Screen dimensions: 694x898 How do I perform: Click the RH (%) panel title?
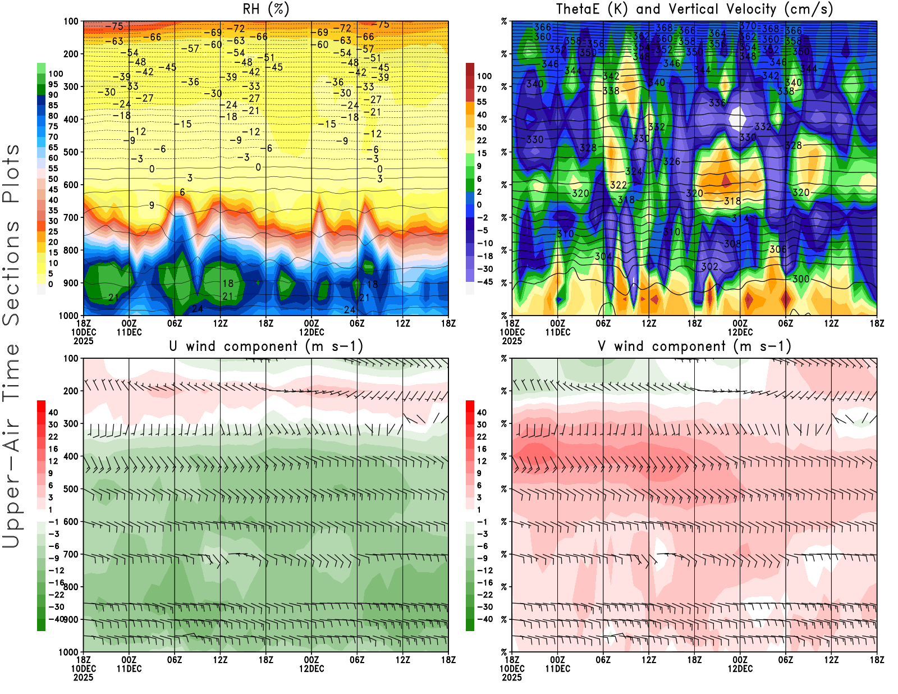pyautogui.click(x=265, y=10)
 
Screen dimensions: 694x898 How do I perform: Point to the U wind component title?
pyautogui.click(x=265, y=346)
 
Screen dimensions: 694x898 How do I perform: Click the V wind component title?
pyautogui.click(x=694, y=346)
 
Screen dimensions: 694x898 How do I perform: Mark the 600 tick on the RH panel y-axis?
pyautogui.click(x=71, y=185)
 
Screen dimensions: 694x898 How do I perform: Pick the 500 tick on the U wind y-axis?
pyautogui.click(x=71, y=489)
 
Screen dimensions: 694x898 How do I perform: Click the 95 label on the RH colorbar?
pyautogui.click(x=53, y=84)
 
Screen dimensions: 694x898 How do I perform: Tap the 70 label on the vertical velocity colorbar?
pyautogui.click(x=482, y=89)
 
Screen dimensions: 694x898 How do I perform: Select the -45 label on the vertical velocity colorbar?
pyautogui.click(x=484, y=282)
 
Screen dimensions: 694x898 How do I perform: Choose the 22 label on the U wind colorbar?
pyautogui.click(x=53, y=437)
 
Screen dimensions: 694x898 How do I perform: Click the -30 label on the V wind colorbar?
pyautogui.click(x=484, y=607)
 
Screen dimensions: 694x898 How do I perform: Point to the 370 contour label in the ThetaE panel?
pyautogui.click(x=748, y=26)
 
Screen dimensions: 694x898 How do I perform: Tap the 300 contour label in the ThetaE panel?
pyautogui.click(x=800, y=279)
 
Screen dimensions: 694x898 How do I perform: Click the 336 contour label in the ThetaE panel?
pyautogui.click(x=717, y=103)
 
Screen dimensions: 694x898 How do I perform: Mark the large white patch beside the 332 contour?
pyautogui.click(x=737, y=118)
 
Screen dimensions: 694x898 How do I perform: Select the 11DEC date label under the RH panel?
pyautogui.click(x=129, y=332)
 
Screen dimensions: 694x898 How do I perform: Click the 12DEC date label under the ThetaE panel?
pyautogui.click(x=740, y=332)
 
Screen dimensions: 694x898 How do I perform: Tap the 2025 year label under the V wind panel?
pyautogui.click(x=512, y=678)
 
